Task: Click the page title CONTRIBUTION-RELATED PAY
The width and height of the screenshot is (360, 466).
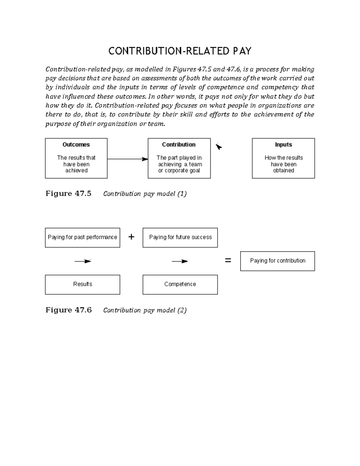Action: (180, 51)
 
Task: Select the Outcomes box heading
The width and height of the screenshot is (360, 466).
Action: (76, 144)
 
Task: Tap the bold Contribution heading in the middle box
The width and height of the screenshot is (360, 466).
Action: (179, 144)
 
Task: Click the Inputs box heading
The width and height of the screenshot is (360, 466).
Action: (283, 144)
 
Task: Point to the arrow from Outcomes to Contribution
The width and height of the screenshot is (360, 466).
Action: (127, 159)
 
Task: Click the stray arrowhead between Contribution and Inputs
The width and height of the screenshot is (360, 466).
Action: (219, 147)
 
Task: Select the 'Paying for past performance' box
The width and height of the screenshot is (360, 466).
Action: (82, 238)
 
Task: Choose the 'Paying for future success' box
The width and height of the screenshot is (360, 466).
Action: (180, 238)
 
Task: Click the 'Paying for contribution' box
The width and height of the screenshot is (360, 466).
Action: (277, 261)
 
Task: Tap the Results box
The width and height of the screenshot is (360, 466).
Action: (82, 284)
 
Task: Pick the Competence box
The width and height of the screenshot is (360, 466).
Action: (180, 284)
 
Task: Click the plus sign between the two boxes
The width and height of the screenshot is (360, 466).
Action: (131, 237)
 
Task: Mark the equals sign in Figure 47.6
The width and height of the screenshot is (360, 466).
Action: (228, 261)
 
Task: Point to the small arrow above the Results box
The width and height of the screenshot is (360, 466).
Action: (83, 261)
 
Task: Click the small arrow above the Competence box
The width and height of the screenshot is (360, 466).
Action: (180, 261)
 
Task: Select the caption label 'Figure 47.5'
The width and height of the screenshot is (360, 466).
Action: (68, 194)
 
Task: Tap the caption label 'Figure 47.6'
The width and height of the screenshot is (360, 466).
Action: (68, 310)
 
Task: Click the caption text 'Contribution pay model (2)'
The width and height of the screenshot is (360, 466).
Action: (145, 310)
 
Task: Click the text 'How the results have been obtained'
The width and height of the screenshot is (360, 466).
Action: (283, 164)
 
